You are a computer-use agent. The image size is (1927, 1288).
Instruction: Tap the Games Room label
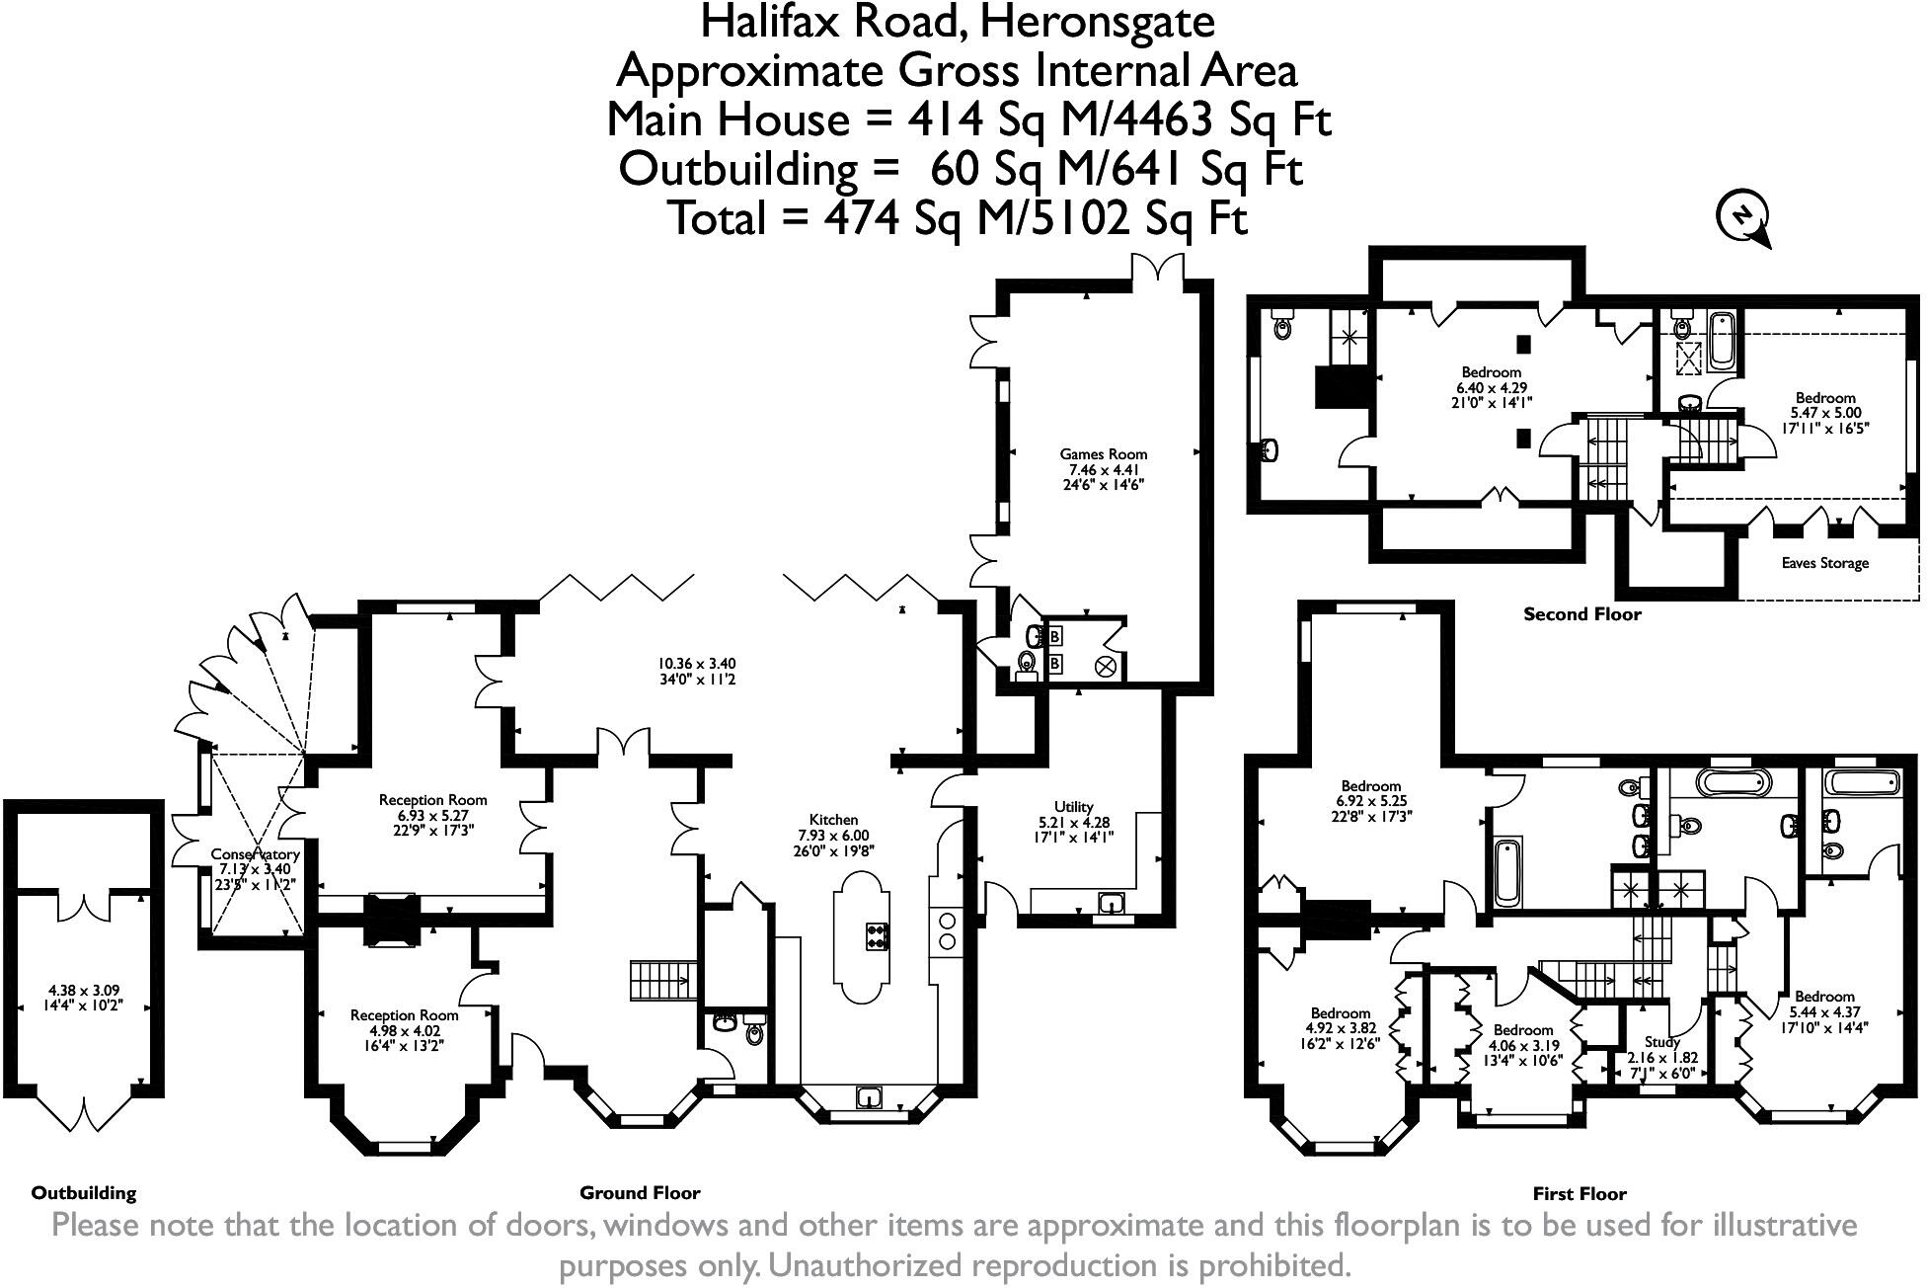click(1104, 454)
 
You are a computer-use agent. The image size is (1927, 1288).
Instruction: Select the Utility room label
click(1073, 807)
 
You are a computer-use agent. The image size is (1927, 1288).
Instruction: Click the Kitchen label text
click(833, 820)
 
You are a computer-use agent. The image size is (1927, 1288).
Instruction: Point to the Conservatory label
click(255, 853)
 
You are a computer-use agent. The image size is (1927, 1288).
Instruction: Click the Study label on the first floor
click(1662, 1041)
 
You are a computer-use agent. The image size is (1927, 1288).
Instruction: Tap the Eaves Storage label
click(1824, 563)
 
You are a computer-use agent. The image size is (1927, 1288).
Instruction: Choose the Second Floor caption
click(1582, 614)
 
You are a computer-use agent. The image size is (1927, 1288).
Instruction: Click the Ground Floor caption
click(640, 1192)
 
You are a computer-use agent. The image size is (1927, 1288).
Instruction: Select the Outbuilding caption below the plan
click(84, 1193)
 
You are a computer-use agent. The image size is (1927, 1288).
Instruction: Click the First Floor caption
click(1580, 1193)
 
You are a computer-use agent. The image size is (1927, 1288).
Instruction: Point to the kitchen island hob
click(877, 935)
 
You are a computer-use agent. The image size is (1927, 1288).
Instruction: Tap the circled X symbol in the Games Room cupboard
click(1105, 668)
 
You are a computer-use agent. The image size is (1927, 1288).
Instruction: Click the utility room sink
click(1113, 903)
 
